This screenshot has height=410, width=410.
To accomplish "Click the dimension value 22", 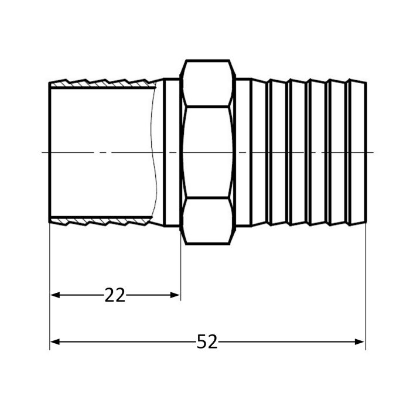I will pos(115,295).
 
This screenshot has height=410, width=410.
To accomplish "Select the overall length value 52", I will pos(207,342).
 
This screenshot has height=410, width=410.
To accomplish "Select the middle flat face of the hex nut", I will pos(209,152).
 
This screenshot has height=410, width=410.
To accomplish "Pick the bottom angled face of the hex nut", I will pos(209,221).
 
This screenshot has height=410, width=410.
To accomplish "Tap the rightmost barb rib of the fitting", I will pos(357,152).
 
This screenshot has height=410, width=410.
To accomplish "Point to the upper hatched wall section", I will pos(102,84).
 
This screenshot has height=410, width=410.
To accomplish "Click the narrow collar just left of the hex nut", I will pos(172,152).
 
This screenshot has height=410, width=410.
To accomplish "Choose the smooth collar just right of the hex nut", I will pos(243,152).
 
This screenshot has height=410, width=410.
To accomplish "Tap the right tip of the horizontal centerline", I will pos(373,152).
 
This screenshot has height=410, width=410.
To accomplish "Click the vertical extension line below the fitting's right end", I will pos(365,281).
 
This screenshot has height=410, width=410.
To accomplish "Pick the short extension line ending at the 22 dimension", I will pos(180,264).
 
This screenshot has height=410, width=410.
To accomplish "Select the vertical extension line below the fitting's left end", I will pos(50,281).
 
